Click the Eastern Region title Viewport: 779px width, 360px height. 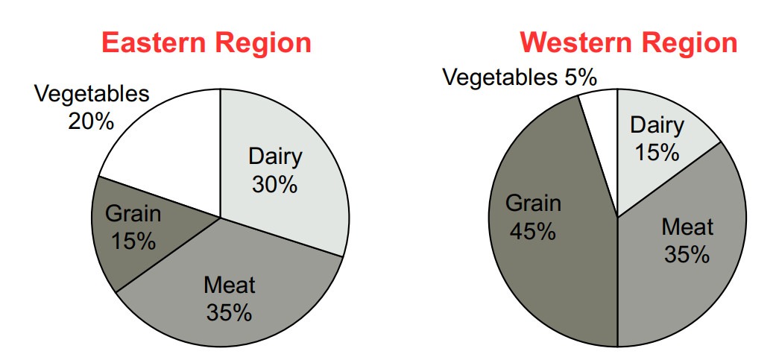pos(206,43)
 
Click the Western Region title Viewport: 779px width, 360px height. pos(628,43)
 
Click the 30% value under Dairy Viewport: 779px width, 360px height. pos(275,185)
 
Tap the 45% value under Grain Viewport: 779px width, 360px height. pos(532,231)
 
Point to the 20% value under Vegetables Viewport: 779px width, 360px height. pos(92,121)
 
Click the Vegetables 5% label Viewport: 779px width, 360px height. pos(520,78)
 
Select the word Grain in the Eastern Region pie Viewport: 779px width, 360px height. pos(133,214)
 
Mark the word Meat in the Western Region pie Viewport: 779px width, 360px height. pos(687,227)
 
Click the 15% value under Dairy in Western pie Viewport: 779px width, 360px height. pos(657,152)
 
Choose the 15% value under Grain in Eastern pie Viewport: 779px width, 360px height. pos(133,241)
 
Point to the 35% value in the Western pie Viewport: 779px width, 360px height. pos(687,255)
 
